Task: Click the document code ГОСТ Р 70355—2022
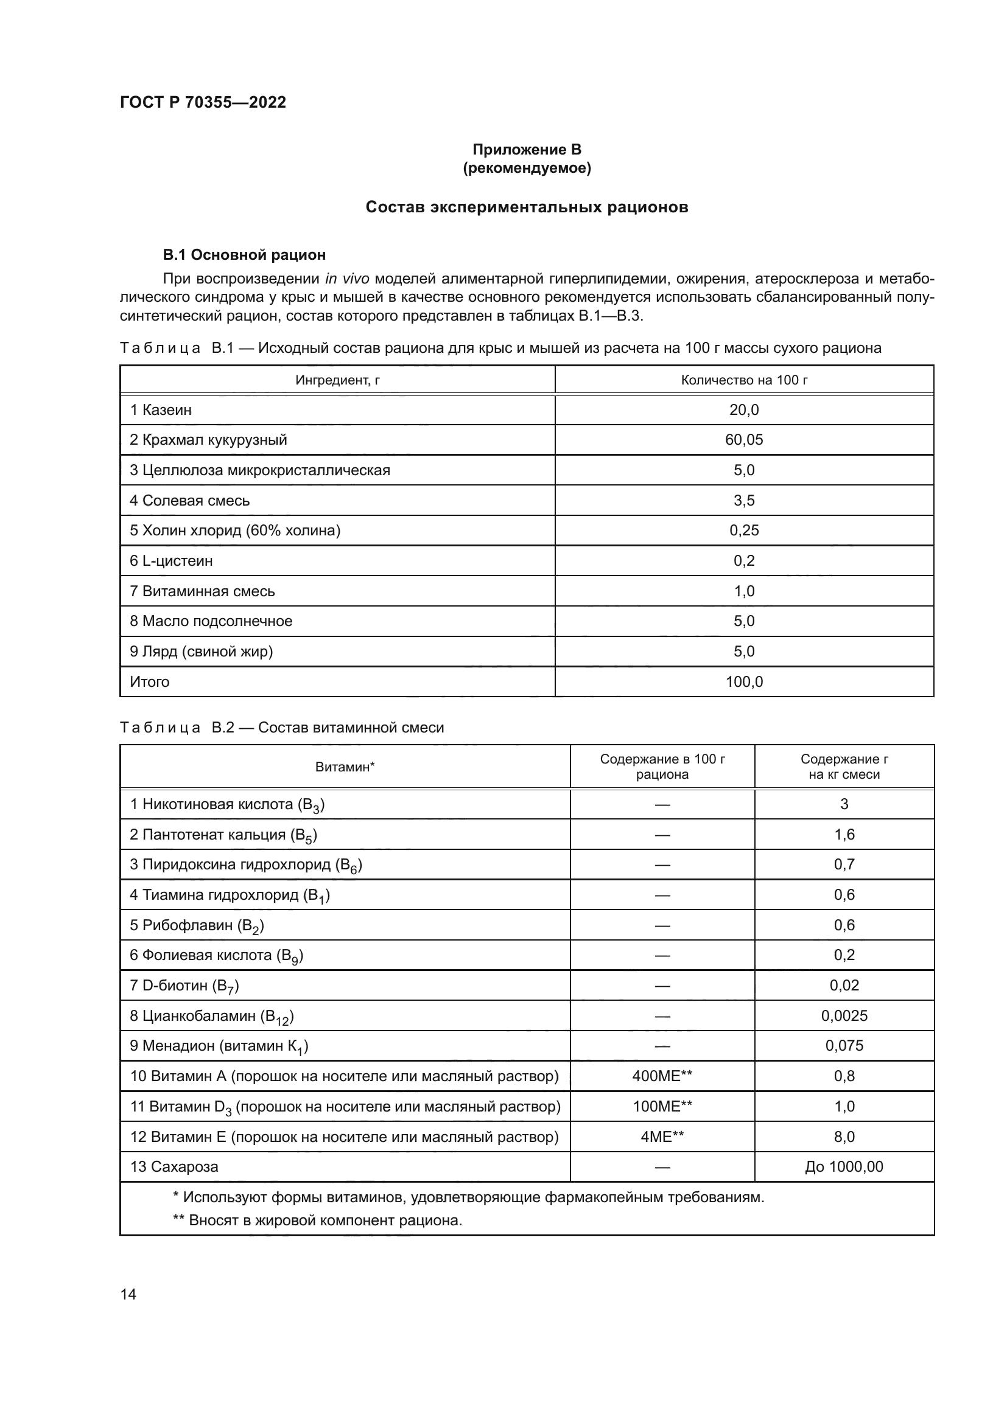[203, 102]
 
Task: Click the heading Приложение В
[527, 150]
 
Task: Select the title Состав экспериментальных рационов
[527, 207]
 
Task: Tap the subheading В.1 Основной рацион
[244, 255]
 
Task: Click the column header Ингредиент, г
[337, 380]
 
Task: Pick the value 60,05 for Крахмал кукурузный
[743, 440]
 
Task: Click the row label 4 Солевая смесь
[190, 500]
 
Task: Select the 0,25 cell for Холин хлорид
[743, 531]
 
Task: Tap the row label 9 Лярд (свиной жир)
[202, 652]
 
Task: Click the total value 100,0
[743, 682]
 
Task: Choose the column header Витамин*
[345, 767]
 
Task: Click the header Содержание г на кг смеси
[843, 767]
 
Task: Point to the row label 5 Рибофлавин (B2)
[197, 925]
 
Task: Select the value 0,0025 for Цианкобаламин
[844, 1016]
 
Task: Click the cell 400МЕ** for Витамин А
[662, 1076]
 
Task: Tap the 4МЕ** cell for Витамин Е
[662, 1136]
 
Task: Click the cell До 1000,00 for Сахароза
[843, 1167]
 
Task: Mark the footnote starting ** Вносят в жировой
[317, 1220]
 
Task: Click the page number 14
[128, 1294]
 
